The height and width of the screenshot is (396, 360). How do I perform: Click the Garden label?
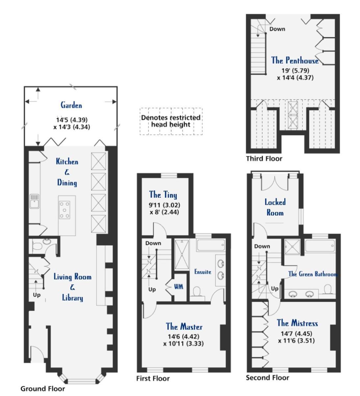71,105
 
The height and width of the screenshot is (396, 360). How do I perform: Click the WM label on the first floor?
179,287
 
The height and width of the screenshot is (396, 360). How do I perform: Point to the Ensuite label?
202,272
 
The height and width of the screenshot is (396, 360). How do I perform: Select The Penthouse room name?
295,60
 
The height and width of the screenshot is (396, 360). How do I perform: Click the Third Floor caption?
264,159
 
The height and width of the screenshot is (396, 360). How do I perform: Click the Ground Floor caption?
43,389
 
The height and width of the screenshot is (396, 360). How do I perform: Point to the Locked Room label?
275,207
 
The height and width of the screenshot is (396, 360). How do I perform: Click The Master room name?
184,327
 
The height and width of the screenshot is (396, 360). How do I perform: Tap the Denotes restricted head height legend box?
171,121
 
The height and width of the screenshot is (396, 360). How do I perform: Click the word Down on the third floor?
277,29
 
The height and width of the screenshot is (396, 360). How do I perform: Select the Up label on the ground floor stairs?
37,295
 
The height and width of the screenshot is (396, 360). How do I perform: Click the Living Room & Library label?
72,287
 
